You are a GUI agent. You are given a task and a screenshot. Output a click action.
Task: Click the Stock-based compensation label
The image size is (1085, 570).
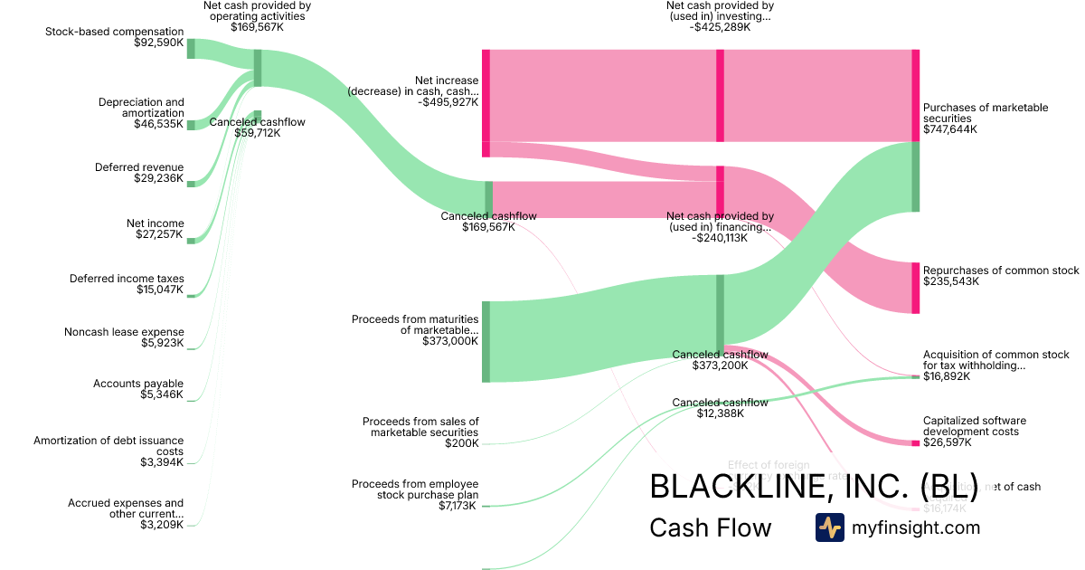114,32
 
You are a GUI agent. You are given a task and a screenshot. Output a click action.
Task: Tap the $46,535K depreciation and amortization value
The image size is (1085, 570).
158,124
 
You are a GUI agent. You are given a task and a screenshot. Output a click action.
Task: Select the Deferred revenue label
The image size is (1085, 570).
139,167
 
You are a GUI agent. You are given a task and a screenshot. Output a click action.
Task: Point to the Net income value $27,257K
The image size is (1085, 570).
158,234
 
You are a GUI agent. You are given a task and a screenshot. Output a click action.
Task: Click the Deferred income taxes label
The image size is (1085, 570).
127,279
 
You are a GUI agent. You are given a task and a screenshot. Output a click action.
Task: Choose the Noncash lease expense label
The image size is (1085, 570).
124,332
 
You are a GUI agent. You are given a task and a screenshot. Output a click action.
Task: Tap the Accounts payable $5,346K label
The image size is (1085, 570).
137,389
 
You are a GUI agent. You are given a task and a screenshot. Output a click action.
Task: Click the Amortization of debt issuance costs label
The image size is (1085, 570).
108,446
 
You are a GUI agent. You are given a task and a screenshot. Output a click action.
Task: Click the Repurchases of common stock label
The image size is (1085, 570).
1001,271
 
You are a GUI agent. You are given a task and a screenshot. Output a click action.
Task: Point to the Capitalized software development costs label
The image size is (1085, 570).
975,426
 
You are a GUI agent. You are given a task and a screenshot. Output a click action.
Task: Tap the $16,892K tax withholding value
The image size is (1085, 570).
947,376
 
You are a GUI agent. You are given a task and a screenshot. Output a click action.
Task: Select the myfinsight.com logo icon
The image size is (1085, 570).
829,527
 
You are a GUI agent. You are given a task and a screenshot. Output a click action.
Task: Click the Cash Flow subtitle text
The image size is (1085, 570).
711,527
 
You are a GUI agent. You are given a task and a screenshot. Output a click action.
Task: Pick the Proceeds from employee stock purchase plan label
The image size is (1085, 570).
415,489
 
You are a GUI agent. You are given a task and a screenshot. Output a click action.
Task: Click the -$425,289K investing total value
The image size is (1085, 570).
719,27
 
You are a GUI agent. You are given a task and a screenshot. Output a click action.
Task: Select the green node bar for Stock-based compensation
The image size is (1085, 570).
191,49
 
